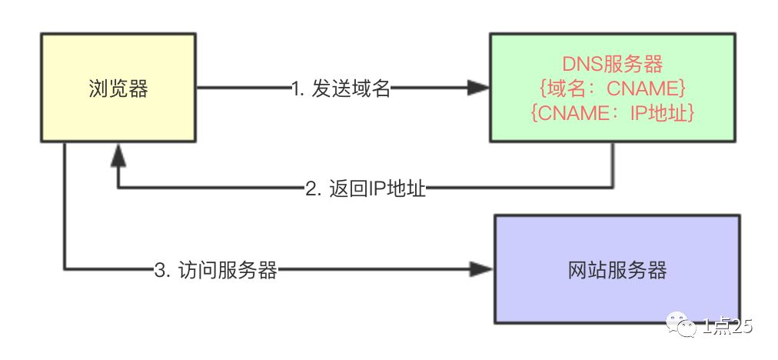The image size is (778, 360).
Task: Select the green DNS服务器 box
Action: [x=613, y=89]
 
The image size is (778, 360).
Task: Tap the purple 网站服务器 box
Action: [x=617, y=269]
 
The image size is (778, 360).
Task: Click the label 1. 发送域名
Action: [x=341, y=89]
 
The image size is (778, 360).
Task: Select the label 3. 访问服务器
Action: [x=215, y=270]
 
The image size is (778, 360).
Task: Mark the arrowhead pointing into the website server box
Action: [x=483, y=269]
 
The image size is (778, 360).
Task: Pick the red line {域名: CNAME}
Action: [x=613, y=88]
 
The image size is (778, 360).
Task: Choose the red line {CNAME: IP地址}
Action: [x=613, y=113]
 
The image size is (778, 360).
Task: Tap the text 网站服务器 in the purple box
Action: [x=617, y=270]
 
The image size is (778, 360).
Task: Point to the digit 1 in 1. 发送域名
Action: [x=296, y=89]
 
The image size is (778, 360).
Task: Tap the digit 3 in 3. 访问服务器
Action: [x=159, y=270]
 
